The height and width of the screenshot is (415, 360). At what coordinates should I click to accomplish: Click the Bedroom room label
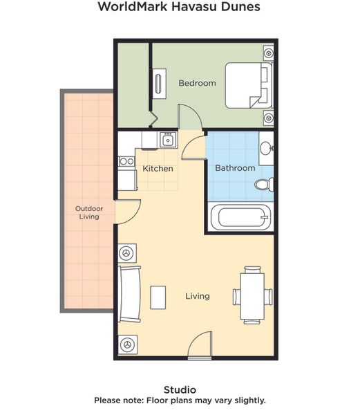pos(197,83)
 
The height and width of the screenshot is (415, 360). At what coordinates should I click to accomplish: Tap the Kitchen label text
pos(158,169)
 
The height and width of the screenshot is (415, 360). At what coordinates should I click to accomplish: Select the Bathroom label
pos(235,168)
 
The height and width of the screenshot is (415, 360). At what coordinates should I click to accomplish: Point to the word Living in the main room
pos(198,296)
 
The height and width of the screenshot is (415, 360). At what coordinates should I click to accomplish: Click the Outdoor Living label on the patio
pos(89,212)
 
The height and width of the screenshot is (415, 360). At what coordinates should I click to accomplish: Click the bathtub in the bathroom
pos(240,218)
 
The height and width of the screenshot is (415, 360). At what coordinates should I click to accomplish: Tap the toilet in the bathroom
pos(264,184)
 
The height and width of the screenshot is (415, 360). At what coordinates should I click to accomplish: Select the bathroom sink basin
pos(265,149)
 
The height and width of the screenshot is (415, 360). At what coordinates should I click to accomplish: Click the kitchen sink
pos(168,140)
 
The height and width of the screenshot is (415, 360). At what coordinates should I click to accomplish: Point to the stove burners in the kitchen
pos(126,161)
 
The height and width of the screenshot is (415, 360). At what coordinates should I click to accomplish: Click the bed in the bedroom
pos(249,85)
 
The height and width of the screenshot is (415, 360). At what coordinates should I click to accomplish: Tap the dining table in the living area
pos(252,297)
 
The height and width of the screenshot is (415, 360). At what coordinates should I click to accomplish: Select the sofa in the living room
pos(129,294)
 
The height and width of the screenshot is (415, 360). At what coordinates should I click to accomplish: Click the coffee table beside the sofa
pos(158,297)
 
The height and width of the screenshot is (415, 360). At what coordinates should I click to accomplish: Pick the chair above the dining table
pos(253,270)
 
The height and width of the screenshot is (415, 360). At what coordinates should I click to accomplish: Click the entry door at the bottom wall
pos(200,344)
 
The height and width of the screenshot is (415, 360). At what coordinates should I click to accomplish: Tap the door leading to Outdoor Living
pos(127,212)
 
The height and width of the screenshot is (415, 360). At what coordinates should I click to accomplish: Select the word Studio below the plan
pos(180,389)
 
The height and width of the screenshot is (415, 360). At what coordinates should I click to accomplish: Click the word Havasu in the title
pos(196,6)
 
